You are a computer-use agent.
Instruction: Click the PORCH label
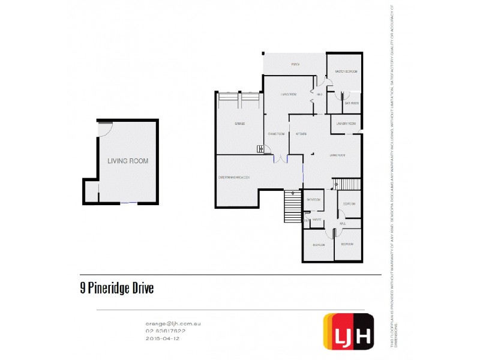point(295,64)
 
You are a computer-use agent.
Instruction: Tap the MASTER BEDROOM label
point(346,71)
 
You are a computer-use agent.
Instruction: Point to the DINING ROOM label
point(276,134)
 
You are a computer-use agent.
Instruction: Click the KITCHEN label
point(301,134)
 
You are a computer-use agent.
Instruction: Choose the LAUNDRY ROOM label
point(346,124)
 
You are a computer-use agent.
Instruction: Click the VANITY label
point(317,220)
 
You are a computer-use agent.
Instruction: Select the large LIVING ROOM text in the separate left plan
point(127,161)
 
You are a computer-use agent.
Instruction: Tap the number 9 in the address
point(82,289)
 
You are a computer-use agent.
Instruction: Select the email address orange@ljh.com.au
point(173,323)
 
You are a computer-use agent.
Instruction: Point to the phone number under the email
point(166,331)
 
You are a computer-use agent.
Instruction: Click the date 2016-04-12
point(163,338)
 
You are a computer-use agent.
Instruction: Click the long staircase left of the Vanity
point(292,207)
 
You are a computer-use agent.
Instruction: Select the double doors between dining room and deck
point(280,158)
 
